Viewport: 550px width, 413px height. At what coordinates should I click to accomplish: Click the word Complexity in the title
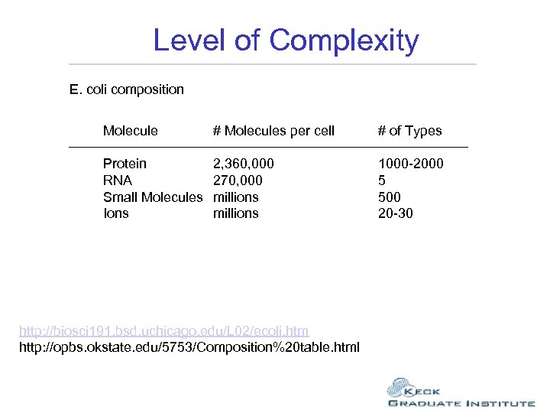[x=345, y=41]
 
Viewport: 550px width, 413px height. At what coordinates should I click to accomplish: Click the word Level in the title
[x=190, y=40]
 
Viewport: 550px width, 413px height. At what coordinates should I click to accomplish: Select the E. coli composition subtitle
[x=127, y=89]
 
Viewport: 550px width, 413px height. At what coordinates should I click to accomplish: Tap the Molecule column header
[x=131, y=131]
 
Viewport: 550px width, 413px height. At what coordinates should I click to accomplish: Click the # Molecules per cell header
[x=273, y=131]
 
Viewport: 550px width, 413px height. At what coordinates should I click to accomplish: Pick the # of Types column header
[x=409, y=131]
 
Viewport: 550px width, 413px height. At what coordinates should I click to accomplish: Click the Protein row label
[x=125, y=164]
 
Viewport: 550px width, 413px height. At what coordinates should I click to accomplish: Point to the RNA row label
[x=118, y=180]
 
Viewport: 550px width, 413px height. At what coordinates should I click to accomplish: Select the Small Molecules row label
[x=153, y=197]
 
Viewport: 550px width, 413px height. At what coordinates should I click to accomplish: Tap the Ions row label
[x=116, y=213]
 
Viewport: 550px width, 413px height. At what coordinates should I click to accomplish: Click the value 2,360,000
[x=244, y=164]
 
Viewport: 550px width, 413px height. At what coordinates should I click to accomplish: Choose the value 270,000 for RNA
[x=238, y=180]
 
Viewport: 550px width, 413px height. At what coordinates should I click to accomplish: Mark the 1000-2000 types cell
[x=410, y=164]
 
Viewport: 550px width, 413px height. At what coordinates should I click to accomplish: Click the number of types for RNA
[x=382, y=180]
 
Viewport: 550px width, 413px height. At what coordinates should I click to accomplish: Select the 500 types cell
[x=389, y=197]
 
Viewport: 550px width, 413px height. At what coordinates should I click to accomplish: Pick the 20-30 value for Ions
[x=396, y=213]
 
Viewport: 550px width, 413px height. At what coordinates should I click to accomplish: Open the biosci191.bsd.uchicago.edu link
[x=163, y=330]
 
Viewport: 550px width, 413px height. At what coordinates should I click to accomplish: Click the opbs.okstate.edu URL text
[x=189, y=347]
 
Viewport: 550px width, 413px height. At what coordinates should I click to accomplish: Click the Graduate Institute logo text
[x=461, y=403]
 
